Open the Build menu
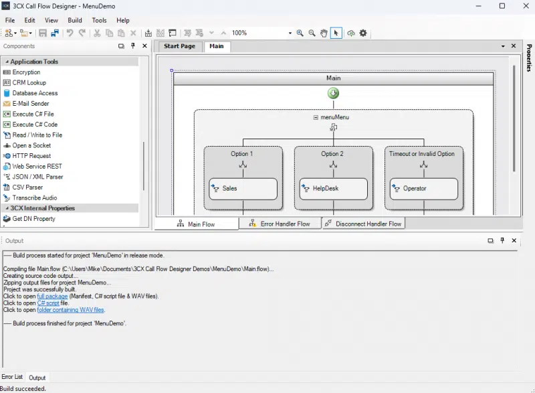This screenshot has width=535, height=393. [x=75, y=21]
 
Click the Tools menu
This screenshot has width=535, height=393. [x=99, y=21]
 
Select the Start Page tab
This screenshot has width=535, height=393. [x=179, y=46]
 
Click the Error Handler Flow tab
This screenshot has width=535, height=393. [x=280, y=224]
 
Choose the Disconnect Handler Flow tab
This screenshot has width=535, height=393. [x=363, y=224]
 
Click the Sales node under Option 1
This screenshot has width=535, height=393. [x=243, y=189]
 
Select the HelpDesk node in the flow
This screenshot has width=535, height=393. [x=333, y=189]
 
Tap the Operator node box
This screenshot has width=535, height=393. [x=424, y=189]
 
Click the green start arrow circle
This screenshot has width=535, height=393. [x=333, y=93]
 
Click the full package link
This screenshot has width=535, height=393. [x=52, y=297]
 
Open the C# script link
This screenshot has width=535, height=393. [x=48, y=303]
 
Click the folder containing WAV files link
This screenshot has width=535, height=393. [x=71, y=310]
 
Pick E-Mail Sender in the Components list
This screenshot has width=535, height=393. [x=31, y=104]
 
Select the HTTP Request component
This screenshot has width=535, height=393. [x=31, y=156]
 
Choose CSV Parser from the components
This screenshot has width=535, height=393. [x=27, y=187]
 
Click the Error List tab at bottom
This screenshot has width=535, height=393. [x=12, y=377]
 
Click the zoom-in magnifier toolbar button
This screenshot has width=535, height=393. [x=300, y=33]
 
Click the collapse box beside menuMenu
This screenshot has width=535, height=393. [x=316, y=117]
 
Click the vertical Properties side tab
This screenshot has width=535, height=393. [x=529, y=58]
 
